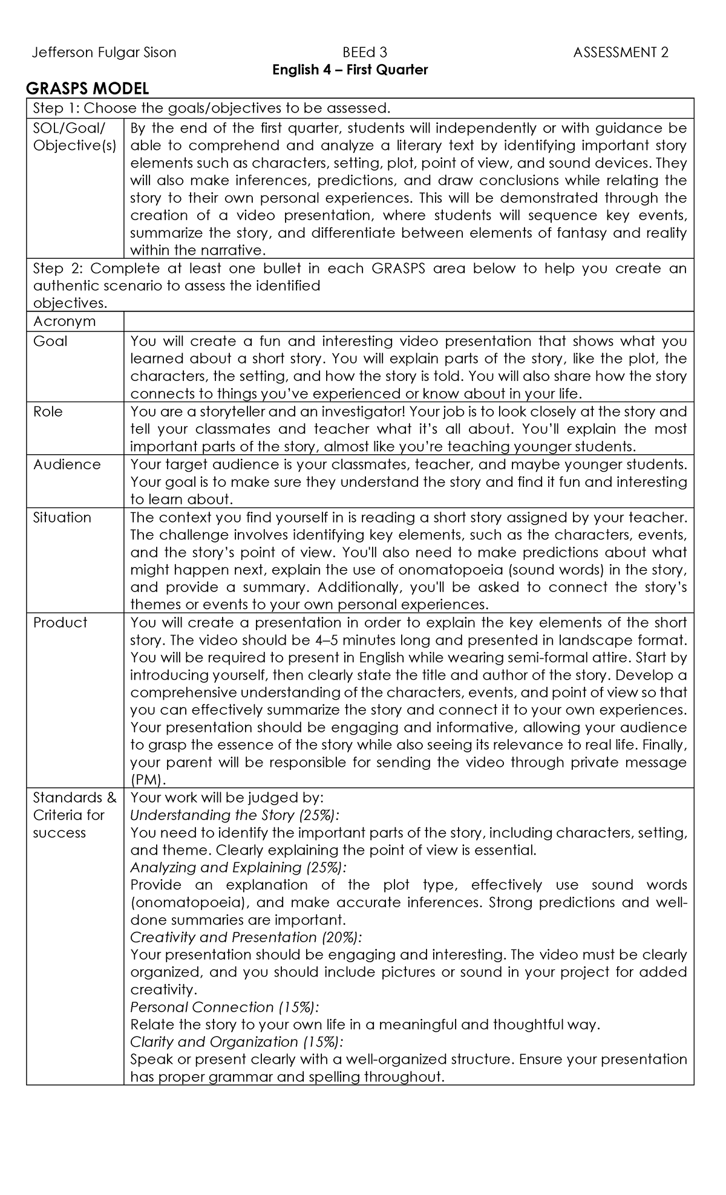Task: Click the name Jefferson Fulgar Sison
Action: (103, 53)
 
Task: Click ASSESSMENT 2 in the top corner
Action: (621, 53)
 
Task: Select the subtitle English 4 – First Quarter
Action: (350, 70)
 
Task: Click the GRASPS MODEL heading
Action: (87, 90)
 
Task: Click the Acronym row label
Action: (64, 321)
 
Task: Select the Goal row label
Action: (50, 341)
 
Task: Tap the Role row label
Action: (48, 411)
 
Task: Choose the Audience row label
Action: (67, 464)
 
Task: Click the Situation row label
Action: (62, 518)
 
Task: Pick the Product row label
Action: (60, 623)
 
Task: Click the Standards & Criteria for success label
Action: (74, 815)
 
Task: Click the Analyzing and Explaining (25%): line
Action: (238, 868)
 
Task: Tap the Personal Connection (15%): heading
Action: (224, 1008)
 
